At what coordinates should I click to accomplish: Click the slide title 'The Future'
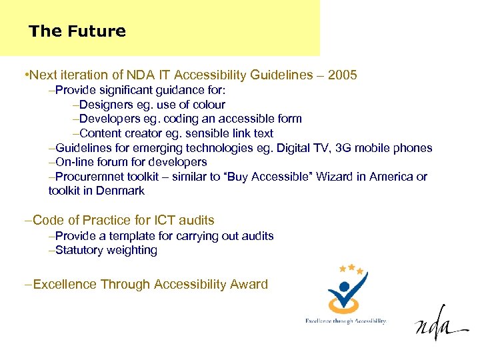[77, 31]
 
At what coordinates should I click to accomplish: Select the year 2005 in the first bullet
[343, 75]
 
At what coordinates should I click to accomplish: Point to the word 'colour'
[209, 105]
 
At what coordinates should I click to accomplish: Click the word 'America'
[388, 177]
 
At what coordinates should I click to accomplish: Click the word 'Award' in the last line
[249, 285]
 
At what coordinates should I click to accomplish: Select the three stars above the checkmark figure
[351, 269]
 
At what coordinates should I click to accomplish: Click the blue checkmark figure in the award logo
[345, 291]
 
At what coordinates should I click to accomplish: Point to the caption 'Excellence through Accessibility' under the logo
[345, 321]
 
